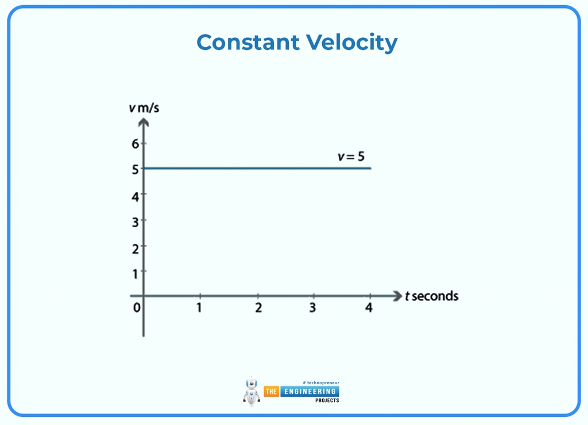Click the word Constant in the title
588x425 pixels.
pyautogui.click(x=247, y=42)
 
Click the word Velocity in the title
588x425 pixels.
pyautogui.click(x=351, y=42)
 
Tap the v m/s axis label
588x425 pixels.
pyautogui.click(x=144, y=108)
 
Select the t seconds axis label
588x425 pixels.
pyautogui.click(x=431, y=296)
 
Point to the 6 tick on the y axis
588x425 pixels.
pyautogui.click(x=136, y=143)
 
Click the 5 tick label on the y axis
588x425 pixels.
pyautogui.click(x=136, y=169)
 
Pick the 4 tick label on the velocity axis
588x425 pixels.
pyautogui.click(x=136, y=196)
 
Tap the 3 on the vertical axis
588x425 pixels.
pyautogui.click(x=136, y=222)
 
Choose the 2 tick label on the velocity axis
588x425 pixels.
pyautogui.click(x=136, y=248)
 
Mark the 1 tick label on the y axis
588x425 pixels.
pyautogui.click(x=136, y=274)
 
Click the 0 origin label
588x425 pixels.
pyautogui.click(x=137, y=308)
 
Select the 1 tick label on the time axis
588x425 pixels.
pyautogui.click(x=199, y=308)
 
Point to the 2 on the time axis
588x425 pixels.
pyautogui.click(x=258, y=308)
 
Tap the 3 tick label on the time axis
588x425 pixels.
pyautogui.click(x=312, y=308)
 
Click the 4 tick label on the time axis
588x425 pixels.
pyautogui.click(x=369, y=308)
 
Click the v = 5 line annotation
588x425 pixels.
pyautogui.click(x=351, y=156)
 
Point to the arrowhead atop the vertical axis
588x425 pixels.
pyautogui.click(x=144, y=122)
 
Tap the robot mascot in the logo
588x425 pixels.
pyautogui.click(x=252, y=391)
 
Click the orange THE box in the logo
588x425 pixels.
pyautogui.click(x=271, y=392)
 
